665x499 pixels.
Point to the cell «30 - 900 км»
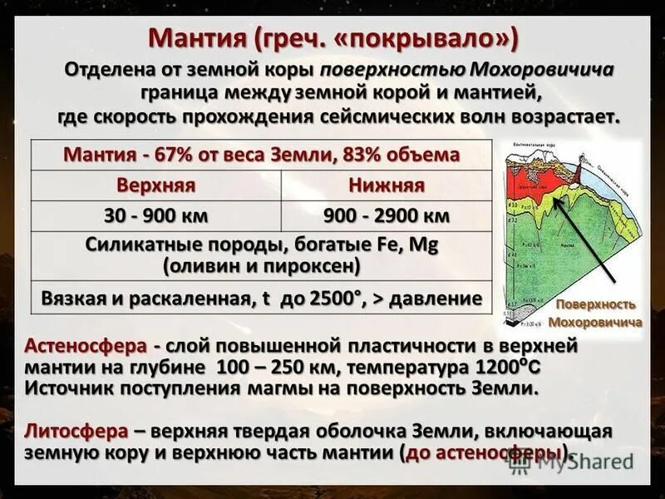tap(155, 216)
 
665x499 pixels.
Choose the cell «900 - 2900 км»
tap(387, 216)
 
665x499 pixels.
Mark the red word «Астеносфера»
tap(87, 345)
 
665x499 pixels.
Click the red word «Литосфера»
tap(76, 432)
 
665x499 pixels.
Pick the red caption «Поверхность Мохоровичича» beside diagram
tap(595, 314)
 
